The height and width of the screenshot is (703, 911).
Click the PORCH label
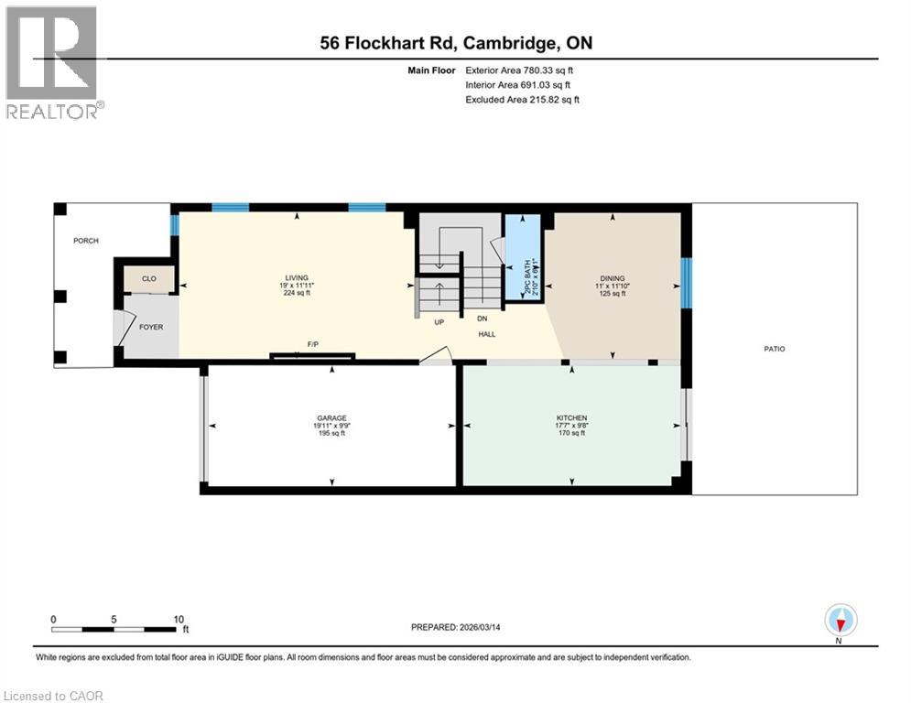tap(86, 241)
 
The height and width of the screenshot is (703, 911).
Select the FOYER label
tap(150, 327)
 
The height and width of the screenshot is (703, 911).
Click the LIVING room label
tap(296, 277)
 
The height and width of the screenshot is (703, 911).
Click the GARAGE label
tap(331, 417)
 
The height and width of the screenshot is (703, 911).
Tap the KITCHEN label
tap(571, 417)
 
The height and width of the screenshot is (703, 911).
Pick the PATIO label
tap(774, 349)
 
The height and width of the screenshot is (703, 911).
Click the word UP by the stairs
tap(439, 322)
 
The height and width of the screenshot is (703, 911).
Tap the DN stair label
tap(481, 319)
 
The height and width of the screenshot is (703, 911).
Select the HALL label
tap(487, 335)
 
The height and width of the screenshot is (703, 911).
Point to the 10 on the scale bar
tap(179, 619)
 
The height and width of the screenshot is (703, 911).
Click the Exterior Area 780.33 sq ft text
tap(519, 70)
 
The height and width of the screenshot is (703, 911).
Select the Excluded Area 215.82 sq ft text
tap(522, 100)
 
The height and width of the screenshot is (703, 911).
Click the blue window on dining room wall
tap(686, 281)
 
